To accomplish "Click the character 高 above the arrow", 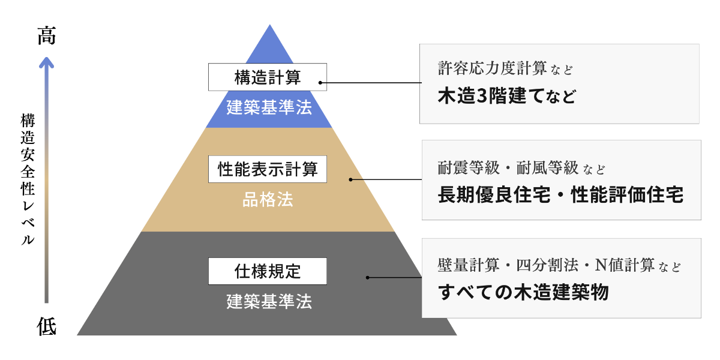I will pyautogui.click(x=47, y=37).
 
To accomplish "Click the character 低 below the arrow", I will pyautogui.click(x=47, y=327).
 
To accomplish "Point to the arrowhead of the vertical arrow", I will pyautogui.click(x=47, y=61).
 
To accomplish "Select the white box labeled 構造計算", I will pyautogui.click(x=268, y=77).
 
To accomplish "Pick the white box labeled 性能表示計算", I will pyautogui.click(x=268, y=169).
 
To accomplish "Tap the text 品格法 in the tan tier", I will pyautogui.click(x=268, y=200).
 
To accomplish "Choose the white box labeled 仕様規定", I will pyautogui.click(x=268, y=271).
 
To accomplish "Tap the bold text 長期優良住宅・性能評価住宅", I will pyautogui.click(x=560, y=195).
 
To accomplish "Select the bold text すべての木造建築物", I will pyautogui.click(x=523, y=292).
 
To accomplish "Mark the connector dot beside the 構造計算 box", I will pyautogui.click(x=320, y=83).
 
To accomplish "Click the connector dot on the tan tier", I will pyautogui.click(x=351, y=179).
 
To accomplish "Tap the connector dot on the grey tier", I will pyautogui.click(x=368, y=277).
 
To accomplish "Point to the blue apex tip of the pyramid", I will pyautogui.click(x=270, y=29).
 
